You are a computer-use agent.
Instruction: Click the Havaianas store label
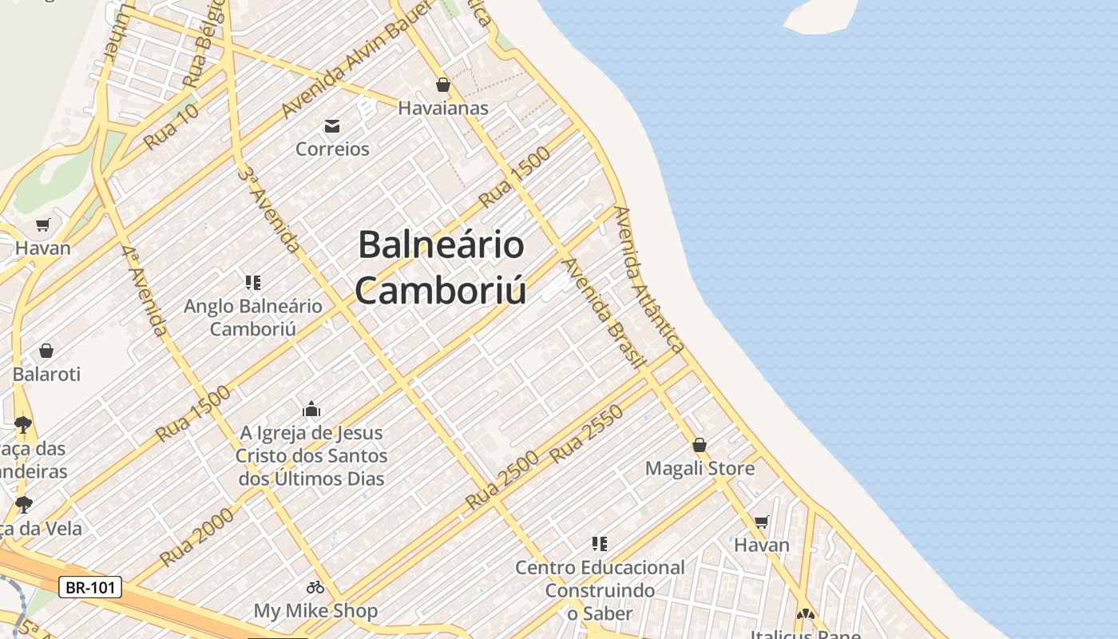pos(443,108)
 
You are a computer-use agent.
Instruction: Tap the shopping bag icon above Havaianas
pos(443,85)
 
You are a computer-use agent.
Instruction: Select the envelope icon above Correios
pos(332,125)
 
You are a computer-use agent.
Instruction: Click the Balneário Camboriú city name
pos(441,267)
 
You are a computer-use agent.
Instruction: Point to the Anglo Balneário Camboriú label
pos(253,317)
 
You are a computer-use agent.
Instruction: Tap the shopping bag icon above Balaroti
pos(46,351)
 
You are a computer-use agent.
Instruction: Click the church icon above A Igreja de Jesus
pos(311,410)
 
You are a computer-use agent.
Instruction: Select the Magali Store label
pos(700,468)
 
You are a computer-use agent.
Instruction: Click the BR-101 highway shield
pos(90,588)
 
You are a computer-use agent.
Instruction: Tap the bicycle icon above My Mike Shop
pos(315,587)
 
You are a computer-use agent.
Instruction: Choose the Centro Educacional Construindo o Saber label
pos(600,590)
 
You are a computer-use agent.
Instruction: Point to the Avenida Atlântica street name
pos(649,279)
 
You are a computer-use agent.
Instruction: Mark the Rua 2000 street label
pos(197,536)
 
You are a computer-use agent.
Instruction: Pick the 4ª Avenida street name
pos(145,289)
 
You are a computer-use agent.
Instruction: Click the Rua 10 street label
pos(172,127)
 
